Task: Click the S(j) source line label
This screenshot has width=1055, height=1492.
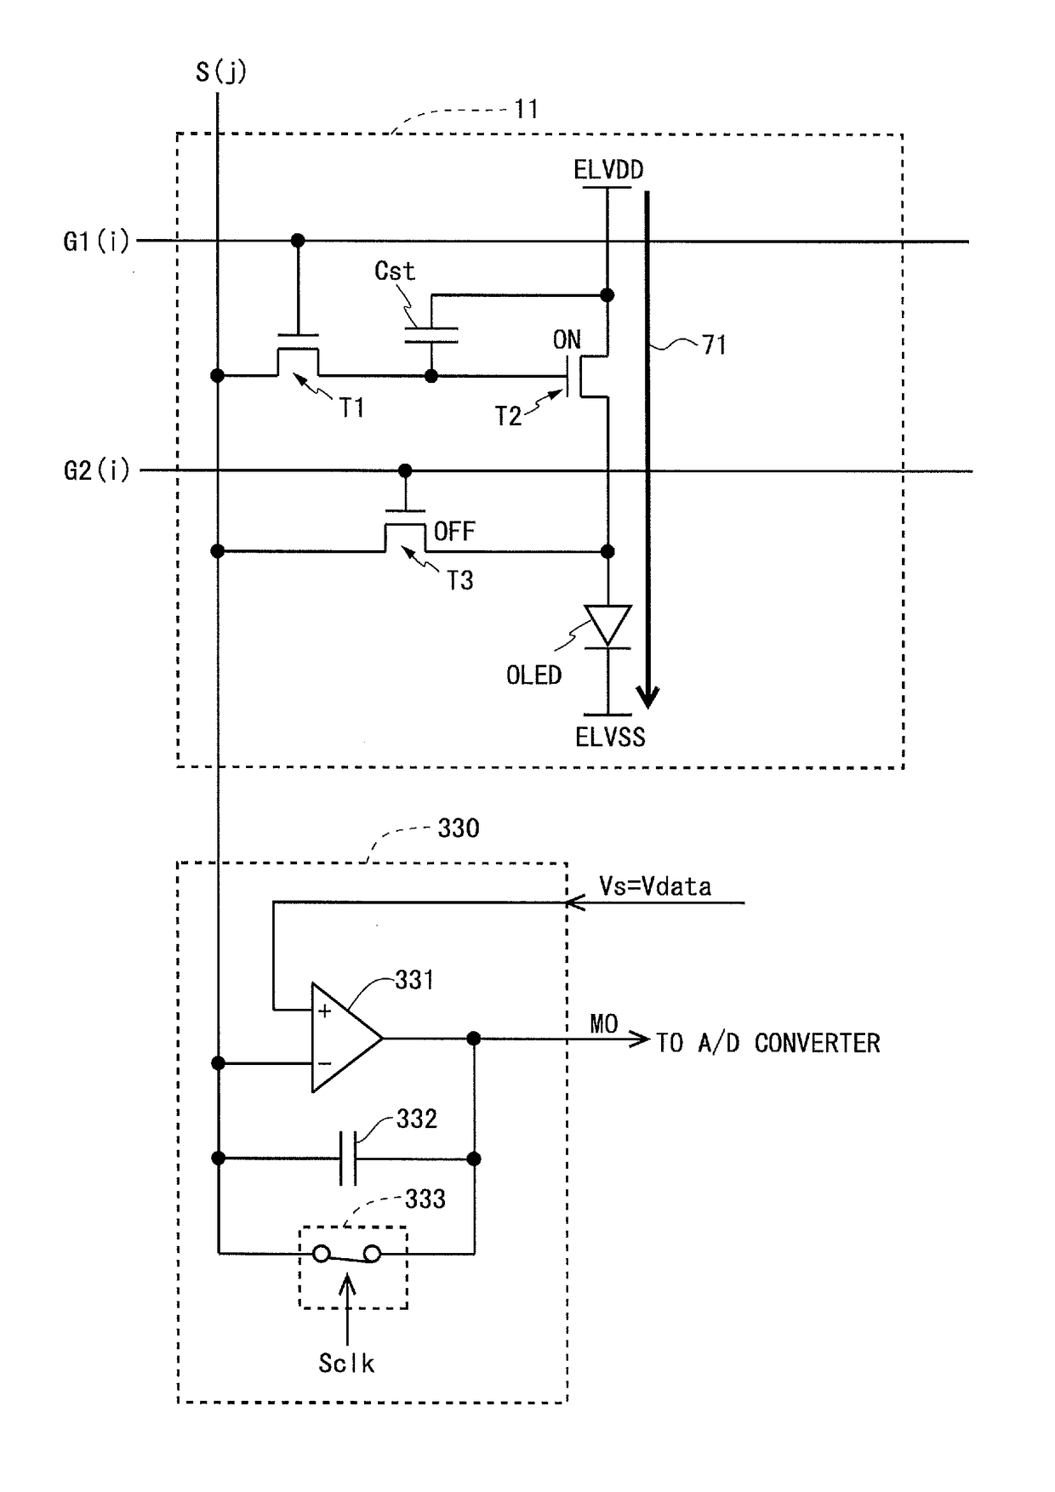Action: point(220,71)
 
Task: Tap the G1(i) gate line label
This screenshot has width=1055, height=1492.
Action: point(96,242)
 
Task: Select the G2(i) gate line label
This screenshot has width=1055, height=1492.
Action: point(96,470)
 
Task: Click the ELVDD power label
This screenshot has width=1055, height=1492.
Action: point(608,170)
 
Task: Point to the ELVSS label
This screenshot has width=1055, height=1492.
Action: point(610,737)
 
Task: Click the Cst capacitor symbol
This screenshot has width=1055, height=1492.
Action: point(431,335)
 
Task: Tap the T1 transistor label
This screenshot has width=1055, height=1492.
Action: point(352,408)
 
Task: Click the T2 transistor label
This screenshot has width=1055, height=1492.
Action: point(508,416)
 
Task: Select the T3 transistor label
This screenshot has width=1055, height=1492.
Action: point(459,580)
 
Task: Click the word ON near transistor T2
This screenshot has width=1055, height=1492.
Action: point(567,340)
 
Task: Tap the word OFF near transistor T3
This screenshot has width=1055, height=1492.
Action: point(454,532)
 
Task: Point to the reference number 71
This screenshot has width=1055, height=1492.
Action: point(714,345)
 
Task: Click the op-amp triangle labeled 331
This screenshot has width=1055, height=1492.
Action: point(345,1038)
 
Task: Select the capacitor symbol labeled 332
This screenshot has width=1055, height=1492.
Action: point(347,1159)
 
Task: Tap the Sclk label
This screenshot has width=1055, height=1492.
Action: point(346,1364)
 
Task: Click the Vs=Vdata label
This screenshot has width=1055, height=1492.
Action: point(655,886)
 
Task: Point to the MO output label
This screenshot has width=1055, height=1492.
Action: point(604,1024)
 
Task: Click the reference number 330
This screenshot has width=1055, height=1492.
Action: point(459,829)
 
